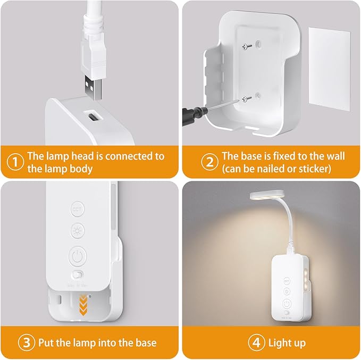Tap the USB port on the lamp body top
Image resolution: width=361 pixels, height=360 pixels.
tap(90, 116)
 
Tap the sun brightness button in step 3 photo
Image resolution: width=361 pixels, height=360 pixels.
tap(78, 231)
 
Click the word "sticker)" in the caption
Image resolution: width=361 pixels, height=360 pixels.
tap(313, 169)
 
